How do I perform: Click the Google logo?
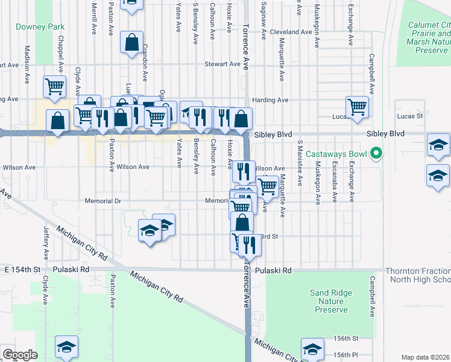[20, 355]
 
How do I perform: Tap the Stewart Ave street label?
[222, 63]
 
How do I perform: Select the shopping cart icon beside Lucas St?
[357, 107]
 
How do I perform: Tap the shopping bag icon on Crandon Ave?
[131, 43]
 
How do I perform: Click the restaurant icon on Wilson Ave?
[244, 171]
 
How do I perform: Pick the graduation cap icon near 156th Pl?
[312, 351]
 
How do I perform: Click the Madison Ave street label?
[27, 63]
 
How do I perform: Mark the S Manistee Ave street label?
[300, 170]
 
